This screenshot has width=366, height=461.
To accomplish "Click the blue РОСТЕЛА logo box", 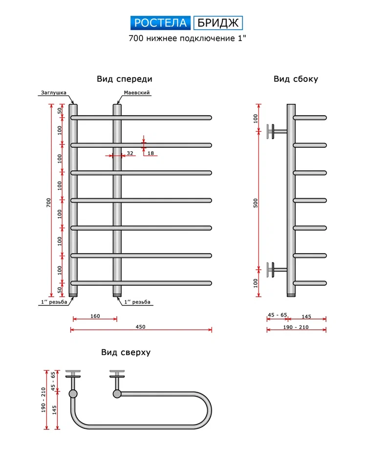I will point(161,23).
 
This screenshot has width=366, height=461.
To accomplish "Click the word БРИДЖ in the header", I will point(218,23).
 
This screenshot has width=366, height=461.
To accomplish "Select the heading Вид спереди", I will point(124,79).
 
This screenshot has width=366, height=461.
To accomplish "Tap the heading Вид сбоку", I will point(296,79).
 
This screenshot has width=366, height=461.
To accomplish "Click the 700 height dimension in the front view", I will point(48,202).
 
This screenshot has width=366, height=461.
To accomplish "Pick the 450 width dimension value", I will point(141,326).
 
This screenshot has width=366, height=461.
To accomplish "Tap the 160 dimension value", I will point(95,316).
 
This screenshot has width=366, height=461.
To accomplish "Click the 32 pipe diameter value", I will point(130,153).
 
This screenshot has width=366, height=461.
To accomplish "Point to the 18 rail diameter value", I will point(151,153).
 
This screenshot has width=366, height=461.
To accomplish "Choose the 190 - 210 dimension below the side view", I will point(296,327).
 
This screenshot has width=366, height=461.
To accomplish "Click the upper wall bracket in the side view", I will point(274,131).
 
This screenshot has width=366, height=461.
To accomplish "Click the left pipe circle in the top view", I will point(73,393).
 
